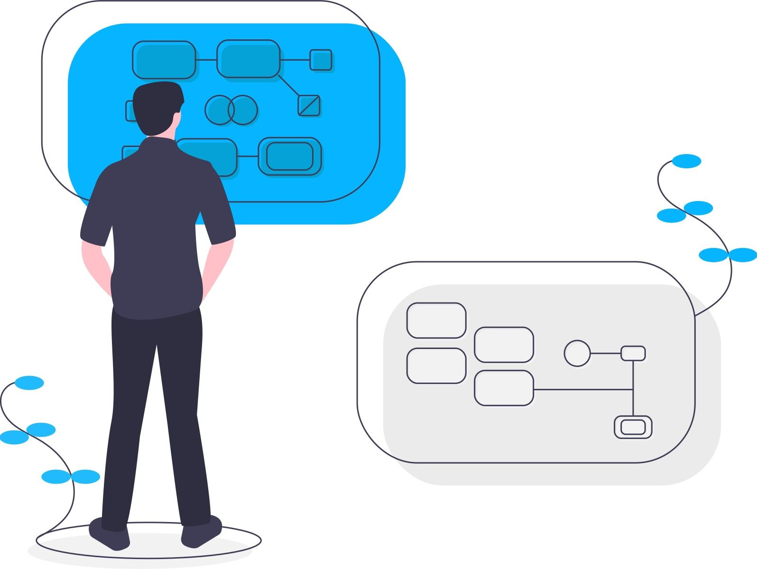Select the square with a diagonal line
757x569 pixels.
tap(309, 105)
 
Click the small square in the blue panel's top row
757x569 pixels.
tap(321, 60)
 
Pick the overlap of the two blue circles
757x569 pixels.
tap(231, 110)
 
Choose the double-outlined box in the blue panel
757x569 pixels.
tap(290, 156)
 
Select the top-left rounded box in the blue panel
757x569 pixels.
tap(164, 60)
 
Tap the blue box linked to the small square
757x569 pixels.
tap(248, 59)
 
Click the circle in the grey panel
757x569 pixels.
tap(577, 353)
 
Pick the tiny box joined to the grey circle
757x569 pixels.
tap(633, 353)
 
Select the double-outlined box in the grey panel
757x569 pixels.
tap(633, 427)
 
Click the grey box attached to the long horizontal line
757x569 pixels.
tap(504, 388)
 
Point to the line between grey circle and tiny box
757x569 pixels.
tap(606, 353)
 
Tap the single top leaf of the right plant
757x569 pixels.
tap(686, 161)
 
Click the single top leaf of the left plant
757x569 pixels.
tap(29, 383)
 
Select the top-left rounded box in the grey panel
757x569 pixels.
tap(436, 321)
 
